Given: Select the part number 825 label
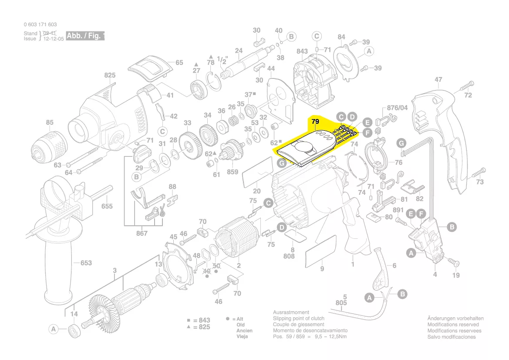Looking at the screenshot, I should point(110,75).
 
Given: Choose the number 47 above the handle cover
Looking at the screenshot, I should point(438,80).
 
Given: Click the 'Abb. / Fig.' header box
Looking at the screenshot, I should point(85,36).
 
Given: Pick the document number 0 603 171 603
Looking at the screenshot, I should point(40,25).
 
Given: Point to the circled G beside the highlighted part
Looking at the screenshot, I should point(282,163).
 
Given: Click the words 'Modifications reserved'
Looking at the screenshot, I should point(453,325).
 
